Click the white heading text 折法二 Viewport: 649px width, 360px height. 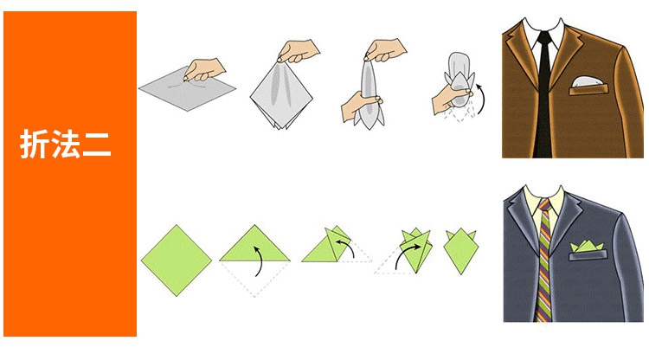(66, 144)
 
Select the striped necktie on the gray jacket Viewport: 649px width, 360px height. (544, 260)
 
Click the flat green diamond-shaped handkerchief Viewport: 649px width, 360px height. (177, 260)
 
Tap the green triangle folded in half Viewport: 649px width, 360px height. (254, 244)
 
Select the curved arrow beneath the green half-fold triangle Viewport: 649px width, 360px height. (259, 260)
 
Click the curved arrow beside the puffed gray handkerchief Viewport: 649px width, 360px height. (482, 99)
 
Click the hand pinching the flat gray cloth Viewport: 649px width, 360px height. (203, 69)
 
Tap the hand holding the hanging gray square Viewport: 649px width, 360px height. (298, 50)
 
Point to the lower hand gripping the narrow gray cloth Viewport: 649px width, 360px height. (359, 106)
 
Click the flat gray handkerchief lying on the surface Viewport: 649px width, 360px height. (187, 88)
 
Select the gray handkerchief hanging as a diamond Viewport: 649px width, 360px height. (281, 95)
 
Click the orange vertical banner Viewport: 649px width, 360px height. (70, 174)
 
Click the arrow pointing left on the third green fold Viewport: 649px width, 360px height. (345, 247)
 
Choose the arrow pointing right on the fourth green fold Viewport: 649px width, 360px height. (408, 255)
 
